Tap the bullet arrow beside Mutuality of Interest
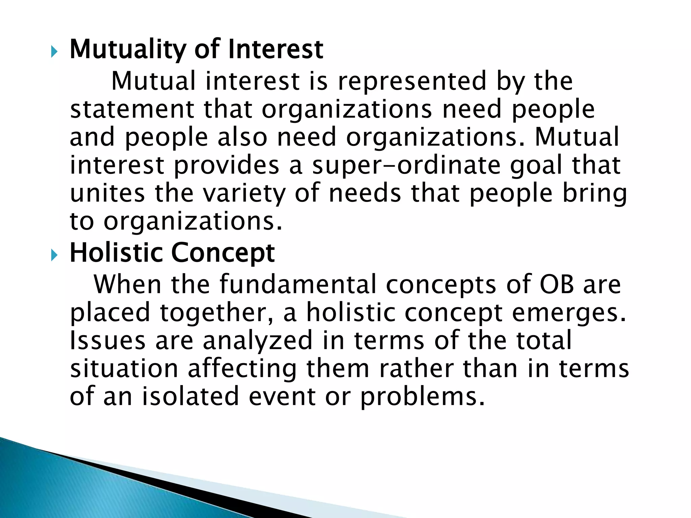coord(54,52)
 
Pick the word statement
coord(132,109)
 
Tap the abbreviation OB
coord(557,284)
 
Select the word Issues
coord(108,340)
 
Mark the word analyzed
coord(258,341)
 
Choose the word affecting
coord(242,369)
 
